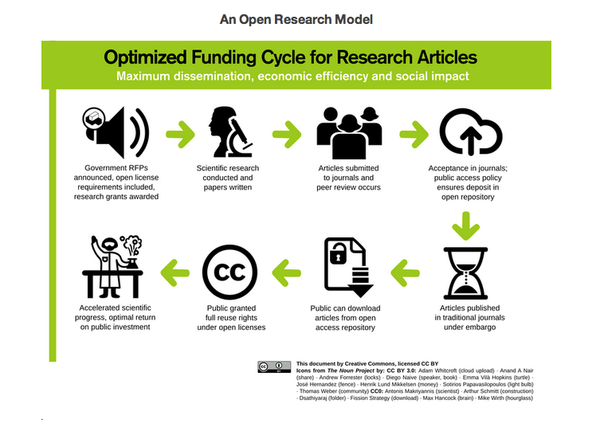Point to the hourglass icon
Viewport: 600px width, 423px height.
(467, 271)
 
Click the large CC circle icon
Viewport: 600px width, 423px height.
(230, 271)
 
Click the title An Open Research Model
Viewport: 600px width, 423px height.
(296, 18)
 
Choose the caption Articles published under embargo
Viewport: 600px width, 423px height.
(469, 317)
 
